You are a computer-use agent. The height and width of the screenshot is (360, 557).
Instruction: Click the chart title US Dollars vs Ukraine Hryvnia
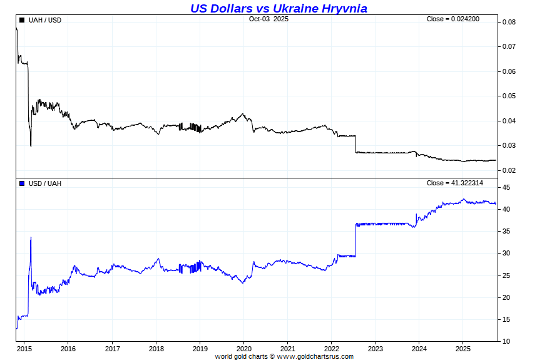click(x=278, y=8)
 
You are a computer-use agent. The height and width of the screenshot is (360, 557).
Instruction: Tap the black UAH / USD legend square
click(x=23, y=20)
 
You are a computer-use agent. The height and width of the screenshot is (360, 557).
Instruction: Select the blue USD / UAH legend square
click(x=23, y=183)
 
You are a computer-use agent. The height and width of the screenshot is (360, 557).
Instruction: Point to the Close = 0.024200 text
click(x=453, y=19)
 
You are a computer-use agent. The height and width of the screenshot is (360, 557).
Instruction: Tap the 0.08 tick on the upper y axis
click(x=509, y=22)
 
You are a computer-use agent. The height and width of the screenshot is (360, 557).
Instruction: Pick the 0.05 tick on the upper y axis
click(x=509, y=96)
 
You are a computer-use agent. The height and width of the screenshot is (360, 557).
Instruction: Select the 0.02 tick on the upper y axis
click(x=509, y=170)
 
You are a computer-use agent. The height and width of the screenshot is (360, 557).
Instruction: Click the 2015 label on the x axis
click(x=24, y=348)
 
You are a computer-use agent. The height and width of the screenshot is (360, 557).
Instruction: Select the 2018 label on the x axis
click(x=156, y=348)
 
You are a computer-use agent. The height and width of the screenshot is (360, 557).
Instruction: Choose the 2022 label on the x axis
click(x=332, y=348)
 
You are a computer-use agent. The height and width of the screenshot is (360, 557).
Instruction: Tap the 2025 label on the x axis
click(x=462, y=348)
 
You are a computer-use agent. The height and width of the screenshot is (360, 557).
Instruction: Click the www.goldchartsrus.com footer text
click(x=315, y=356)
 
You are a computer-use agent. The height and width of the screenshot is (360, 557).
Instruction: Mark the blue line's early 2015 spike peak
click(x=31, y=237)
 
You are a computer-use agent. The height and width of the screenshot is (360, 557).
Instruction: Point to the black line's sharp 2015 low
click(x=31, y=146)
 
